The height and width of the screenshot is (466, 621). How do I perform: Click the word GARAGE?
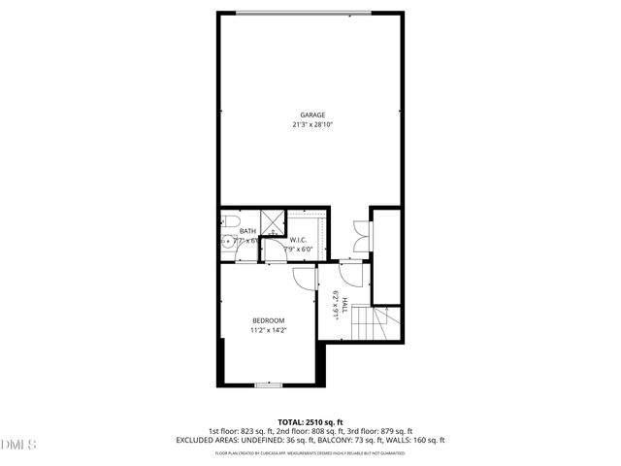coord(311,116)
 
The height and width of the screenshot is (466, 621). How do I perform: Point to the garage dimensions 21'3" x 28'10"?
coord(311,124)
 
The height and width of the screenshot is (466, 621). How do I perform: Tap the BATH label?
coord(247,231)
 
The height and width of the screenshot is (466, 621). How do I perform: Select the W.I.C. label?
coord(299,239)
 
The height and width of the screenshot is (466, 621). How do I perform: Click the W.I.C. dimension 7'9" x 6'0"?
coord(298,249)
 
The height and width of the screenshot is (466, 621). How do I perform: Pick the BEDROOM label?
coord(268,321)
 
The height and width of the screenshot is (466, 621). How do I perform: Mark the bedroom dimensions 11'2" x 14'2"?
coord(268,331)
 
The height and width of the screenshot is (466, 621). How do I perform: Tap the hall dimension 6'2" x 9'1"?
coord(336,305)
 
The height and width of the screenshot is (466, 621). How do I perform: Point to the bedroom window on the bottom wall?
coord(268,384)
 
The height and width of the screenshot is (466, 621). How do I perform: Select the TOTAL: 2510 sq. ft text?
coord(310,422)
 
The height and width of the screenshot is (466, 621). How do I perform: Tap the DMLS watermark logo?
coord(18,445)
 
